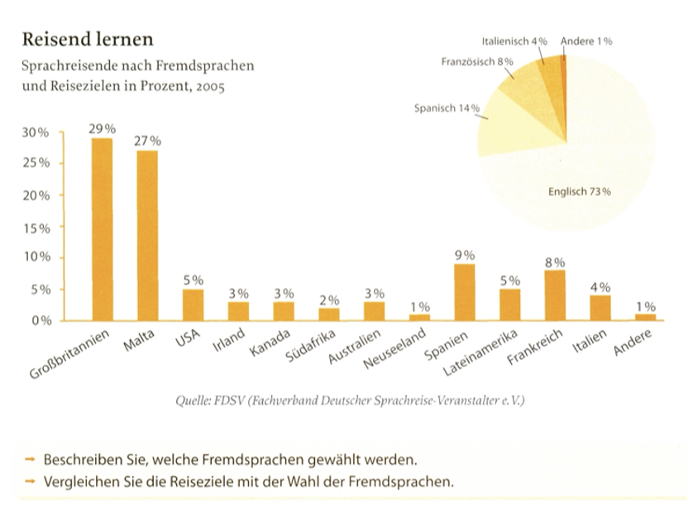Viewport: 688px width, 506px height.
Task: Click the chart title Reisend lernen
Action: coord(87,39)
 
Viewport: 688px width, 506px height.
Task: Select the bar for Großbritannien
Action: coord(102,229)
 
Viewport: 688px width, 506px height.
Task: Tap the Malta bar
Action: coord(147,236)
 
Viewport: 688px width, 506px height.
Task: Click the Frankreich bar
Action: coord(555,295)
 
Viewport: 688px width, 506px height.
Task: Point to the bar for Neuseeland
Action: coord(420,317)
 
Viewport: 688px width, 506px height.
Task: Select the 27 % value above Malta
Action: coord(147,141)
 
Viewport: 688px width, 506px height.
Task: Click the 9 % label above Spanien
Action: coord(465,255)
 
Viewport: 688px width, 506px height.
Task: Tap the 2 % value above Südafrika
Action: coord(329,299)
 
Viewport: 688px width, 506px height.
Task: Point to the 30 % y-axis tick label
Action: coord(36,132)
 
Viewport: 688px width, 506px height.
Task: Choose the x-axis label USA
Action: coord(188,340)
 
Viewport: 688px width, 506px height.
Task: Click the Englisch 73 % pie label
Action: coord(579,193)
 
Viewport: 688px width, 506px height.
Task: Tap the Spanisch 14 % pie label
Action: coord(447,109)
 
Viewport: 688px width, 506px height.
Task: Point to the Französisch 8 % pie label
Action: coord(478,61)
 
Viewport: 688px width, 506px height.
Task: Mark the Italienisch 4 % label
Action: coord(514,41)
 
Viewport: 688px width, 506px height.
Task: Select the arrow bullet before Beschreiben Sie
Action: coord(31,459)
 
